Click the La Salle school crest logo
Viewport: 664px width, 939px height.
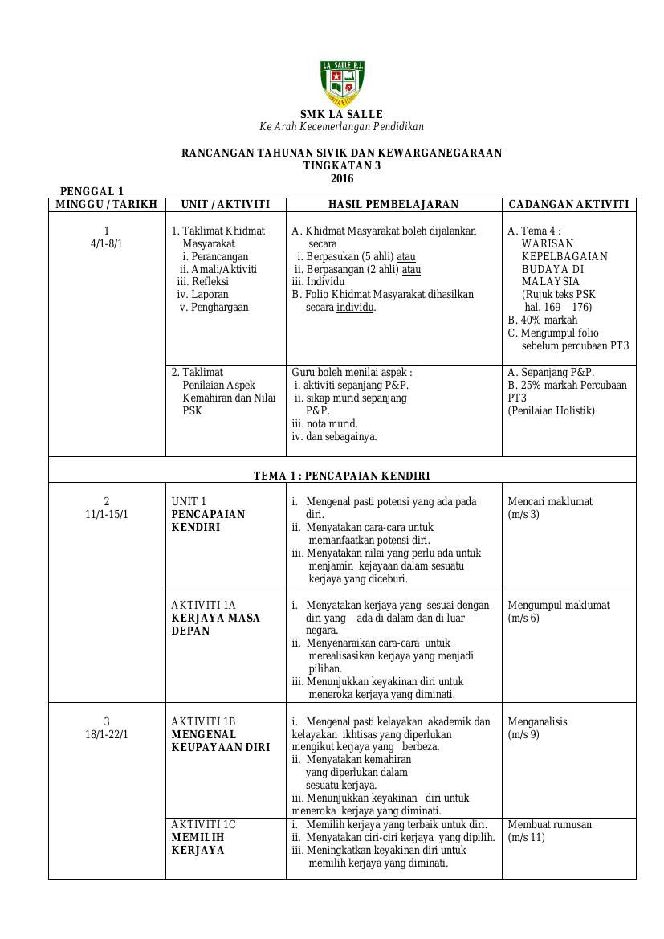[342, 83]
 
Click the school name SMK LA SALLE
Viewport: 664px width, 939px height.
[341, 114]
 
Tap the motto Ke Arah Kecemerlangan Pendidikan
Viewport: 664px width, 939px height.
[341, 127]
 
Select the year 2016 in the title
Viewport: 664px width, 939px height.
[341, 178]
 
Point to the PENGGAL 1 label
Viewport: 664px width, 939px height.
[92, 191]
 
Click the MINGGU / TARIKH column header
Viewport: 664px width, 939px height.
[106, 204]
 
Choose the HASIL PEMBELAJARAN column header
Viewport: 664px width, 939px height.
[393, 204]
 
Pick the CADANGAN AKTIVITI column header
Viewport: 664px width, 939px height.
[568, 204]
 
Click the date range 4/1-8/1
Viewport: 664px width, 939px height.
[107, 243]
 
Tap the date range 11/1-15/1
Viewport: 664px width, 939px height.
[107, 514]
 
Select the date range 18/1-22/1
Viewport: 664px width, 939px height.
[107, 734]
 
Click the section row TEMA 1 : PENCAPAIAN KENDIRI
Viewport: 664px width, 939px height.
[341, 476]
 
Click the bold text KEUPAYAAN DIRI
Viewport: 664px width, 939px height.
[221, 747]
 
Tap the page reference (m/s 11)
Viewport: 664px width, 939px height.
[526, 837]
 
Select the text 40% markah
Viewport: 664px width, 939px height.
[548, 320]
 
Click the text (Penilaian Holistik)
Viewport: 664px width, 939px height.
[551, 410]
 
